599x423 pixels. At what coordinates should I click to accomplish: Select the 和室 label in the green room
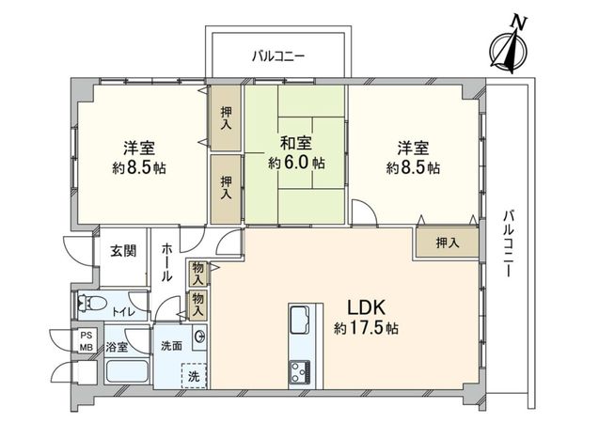pos(296,143)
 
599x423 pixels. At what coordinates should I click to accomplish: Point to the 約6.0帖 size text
pos(296,163)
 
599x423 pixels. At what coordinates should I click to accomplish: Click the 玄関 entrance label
pos(122,250)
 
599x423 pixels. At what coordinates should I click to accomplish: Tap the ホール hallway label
pos(166,262)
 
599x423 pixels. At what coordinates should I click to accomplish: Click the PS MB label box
pos(86,341)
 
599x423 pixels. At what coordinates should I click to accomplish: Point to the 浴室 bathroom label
pos(118,346)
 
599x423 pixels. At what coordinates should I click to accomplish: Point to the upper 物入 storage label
pos(197,272)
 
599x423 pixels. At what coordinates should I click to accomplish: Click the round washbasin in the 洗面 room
pos(199,337)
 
